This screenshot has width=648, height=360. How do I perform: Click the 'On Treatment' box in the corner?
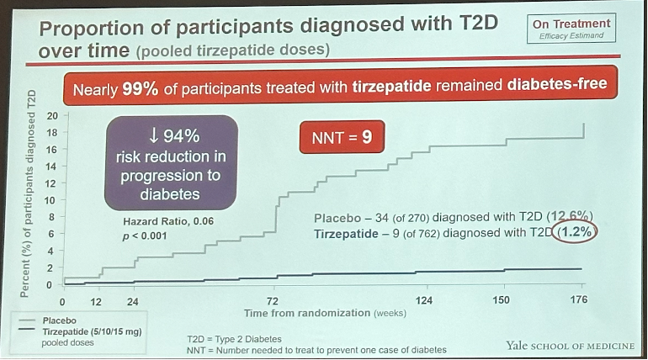click(571, 29)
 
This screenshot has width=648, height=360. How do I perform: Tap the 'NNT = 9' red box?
click(342, 135)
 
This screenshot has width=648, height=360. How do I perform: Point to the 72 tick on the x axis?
click(274, 300)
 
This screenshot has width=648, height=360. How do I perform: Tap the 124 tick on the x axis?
click(424, 300)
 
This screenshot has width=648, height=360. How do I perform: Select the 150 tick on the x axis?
click(502, 300)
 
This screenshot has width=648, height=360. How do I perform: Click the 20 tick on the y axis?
click(52, 116)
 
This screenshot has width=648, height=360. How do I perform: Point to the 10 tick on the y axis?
click(52, 200)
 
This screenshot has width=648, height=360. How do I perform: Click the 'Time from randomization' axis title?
click(325, 313)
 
